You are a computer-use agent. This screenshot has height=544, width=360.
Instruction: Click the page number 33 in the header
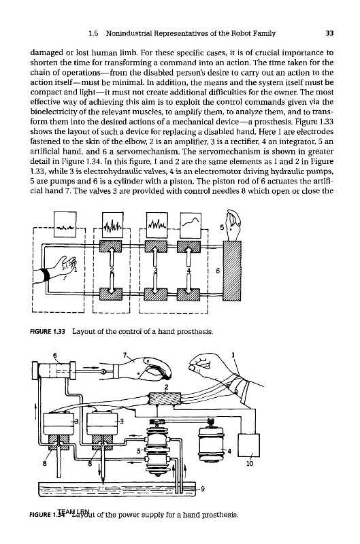tap(329, 33)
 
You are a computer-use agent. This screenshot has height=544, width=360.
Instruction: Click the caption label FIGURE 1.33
tap(50, 331)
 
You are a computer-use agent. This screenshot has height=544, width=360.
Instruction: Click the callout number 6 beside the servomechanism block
tap(218, 271)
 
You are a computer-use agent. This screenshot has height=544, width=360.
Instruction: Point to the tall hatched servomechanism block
tap(232, 271)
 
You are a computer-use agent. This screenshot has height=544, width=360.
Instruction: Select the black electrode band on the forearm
tap(45, 274)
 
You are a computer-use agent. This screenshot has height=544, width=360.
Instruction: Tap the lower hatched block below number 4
tap(189, 294)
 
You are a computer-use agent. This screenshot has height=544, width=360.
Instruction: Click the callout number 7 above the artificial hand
tap(125, 355)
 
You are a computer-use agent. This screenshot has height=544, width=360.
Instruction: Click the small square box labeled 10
tap(248, 445)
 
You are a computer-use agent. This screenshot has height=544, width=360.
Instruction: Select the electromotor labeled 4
tap(210, 441)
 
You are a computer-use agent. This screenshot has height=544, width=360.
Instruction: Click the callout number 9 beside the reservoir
tap(202, 489)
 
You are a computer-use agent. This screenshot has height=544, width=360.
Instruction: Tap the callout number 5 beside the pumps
tap(138, 451)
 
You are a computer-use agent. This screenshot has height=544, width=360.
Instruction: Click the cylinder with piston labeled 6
tap(54, 371)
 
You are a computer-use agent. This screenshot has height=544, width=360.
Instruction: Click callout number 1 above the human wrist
tap(233, 355)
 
